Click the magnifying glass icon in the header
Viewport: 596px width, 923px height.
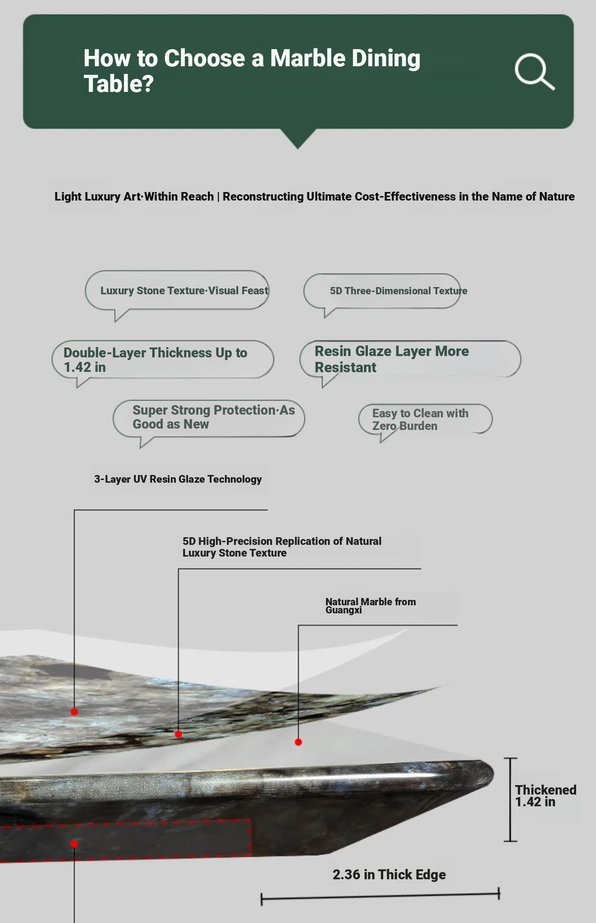[534, 72]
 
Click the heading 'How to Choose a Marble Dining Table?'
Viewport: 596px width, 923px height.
[252, 71]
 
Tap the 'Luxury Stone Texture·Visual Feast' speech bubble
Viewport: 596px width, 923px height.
[177, 291]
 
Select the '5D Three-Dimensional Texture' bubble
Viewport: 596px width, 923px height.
[382, 291]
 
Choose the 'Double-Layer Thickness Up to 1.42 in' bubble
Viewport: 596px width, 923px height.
[163, 360]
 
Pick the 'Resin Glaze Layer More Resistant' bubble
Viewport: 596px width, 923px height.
[410, 359]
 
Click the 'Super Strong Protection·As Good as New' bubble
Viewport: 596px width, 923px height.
[209, 418]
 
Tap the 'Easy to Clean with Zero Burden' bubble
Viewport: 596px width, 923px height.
[425, 420]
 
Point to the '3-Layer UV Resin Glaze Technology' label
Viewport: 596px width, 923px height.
[178, 479]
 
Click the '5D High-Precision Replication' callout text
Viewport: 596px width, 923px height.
[282, 547]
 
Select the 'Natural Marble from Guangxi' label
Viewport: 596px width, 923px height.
[371, 605]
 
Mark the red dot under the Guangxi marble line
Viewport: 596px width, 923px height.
[298, 742]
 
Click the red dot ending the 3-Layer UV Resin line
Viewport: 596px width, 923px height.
[74, 712]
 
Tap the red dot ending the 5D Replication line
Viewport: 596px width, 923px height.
[179, 734]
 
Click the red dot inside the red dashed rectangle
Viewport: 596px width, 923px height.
[74, 844]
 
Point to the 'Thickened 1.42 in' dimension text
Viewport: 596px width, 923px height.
[546, 795]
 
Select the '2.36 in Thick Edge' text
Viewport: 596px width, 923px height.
[389, 874]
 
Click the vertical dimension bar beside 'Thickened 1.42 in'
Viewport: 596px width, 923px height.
[510, 800]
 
